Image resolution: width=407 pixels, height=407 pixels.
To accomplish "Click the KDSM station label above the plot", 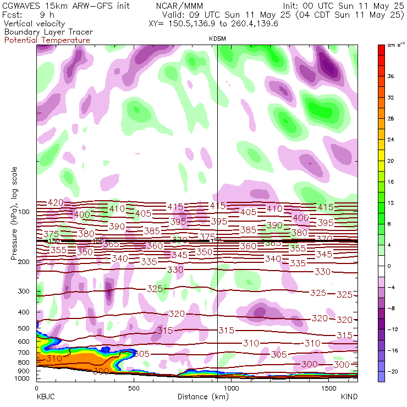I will pos(218,38).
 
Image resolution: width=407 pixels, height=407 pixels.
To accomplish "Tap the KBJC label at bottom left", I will pos(44,396).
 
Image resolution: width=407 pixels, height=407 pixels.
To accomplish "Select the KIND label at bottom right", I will pos(350,396).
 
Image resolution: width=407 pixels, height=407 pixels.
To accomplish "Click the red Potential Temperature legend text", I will pos(47,40).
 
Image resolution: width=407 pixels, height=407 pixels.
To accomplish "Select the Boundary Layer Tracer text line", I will pos(48,32).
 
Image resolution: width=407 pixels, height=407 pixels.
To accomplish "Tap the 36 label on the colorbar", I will pos(391,76).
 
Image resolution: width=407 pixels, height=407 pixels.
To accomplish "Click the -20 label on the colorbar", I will pos(392,372).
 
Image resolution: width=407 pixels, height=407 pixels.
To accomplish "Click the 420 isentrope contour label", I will pos(56,202).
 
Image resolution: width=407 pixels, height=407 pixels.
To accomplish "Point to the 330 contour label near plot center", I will pos(175,269).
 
